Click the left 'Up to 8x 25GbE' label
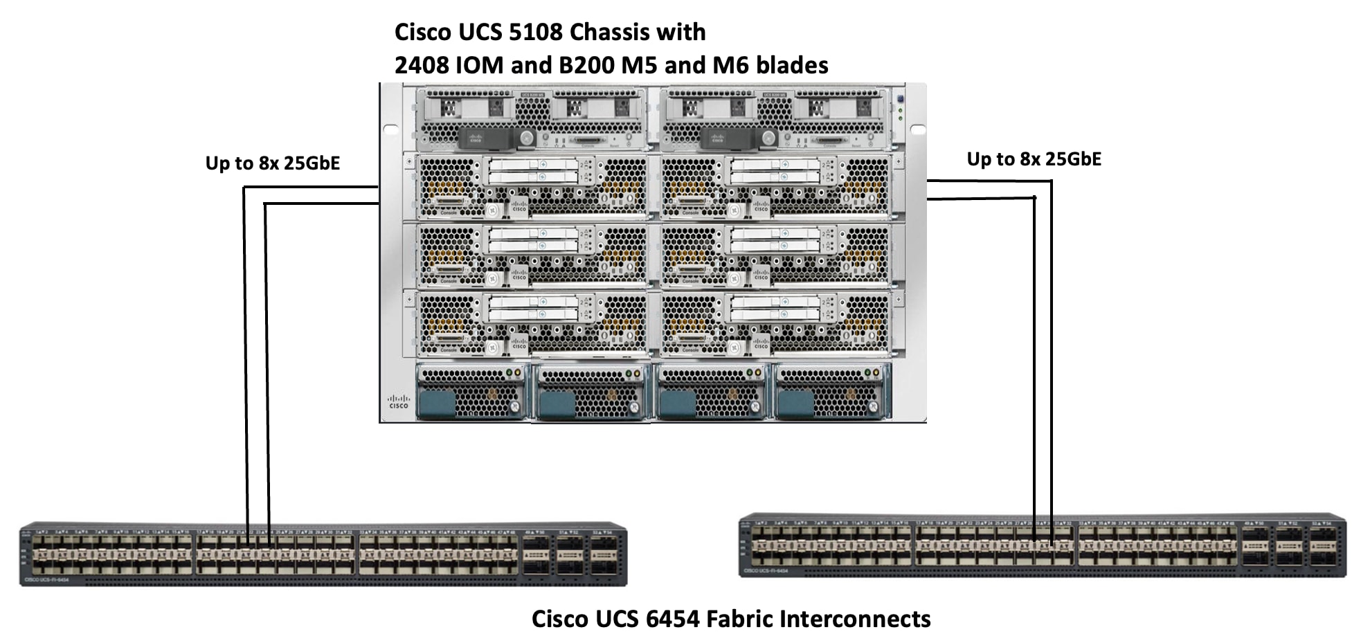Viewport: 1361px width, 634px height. click(x=273, y=163)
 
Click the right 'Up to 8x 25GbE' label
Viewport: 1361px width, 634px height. click(x=1034, y=159)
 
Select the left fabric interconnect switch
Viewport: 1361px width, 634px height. click(x=323, y=554)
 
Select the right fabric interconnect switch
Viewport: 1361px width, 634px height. click(x=1043, y=545)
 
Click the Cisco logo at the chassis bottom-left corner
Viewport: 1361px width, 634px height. click(x=398, y=401)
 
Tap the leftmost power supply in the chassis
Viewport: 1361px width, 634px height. click(x=471, y=392)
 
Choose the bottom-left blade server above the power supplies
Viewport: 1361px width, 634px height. click(x=532, y=323)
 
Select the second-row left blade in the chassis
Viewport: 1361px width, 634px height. click(x=532, y=185)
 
